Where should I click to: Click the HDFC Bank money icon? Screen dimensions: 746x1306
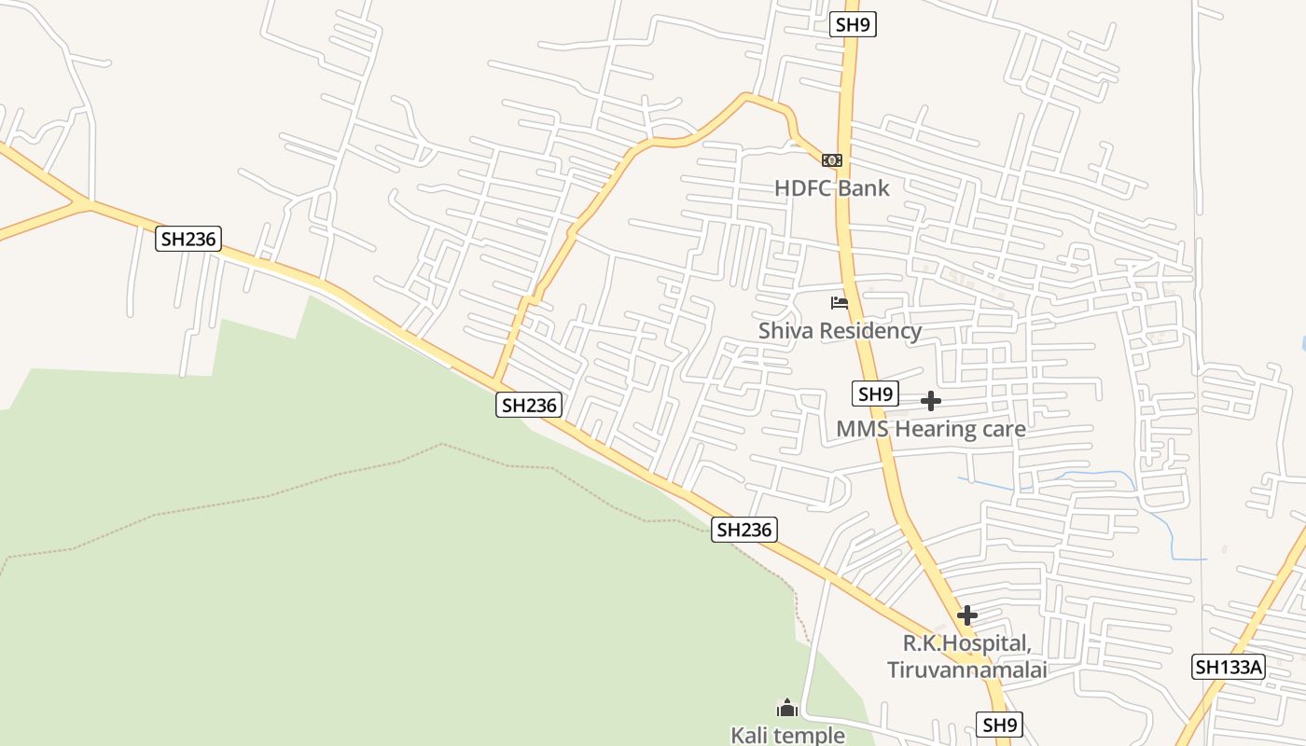pyautogui.click(x=832, y=160)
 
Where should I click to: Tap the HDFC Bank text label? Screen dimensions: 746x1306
pyautogui.click(x=832, y=188)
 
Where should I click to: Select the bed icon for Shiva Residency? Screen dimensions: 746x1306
pyautogui.click(x=840, y=302)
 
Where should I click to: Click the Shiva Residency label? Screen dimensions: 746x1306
pyautogui.click(x=840, y=331)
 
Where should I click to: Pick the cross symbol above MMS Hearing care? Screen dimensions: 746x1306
pyautogui.click(x=930, y=401)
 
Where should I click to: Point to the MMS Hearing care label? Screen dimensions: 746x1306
pyautogui.click(x=931, y=429)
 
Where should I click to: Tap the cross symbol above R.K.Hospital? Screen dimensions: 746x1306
pyautogui.click(x=967, y=615)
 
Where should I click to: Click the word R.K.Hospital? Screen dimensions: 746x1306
pyautogui.click(x=966, y=643)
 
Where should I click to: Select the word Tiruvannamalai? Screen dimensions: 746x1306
pyautogui.click(x=966, y=670)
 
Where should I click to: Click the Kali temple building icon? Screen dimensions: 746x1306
pyautogui.click(x=787, y=709)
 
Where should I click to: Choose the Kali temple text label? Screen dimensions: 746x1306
pyautogui.click(x=787, y=735)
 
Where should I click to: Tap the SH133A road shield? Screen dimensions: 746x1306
pyautogui.click(x=1229, y=667)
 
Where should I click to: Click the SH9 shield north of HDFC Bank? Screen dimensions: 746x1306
pyautogui.click(x=853, y=24)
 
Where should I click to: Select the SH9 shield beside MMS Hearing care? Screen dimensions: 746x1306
pyautogui.click(x=875, y=394)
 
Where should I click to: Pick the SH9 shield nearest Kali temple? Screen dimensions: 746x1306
pyautogui.click(x=999, y=724)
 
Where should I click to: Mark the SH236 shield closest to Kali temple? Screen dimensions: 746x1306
pyautogui.click(x=743, y=530)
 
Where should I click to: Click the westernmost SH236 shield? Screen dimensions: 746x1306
pyautogui.click(x=188, y=239)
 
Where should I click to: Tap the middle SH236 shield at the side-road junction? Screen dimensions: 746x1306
pyautogui.click(x=528, y=405)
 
